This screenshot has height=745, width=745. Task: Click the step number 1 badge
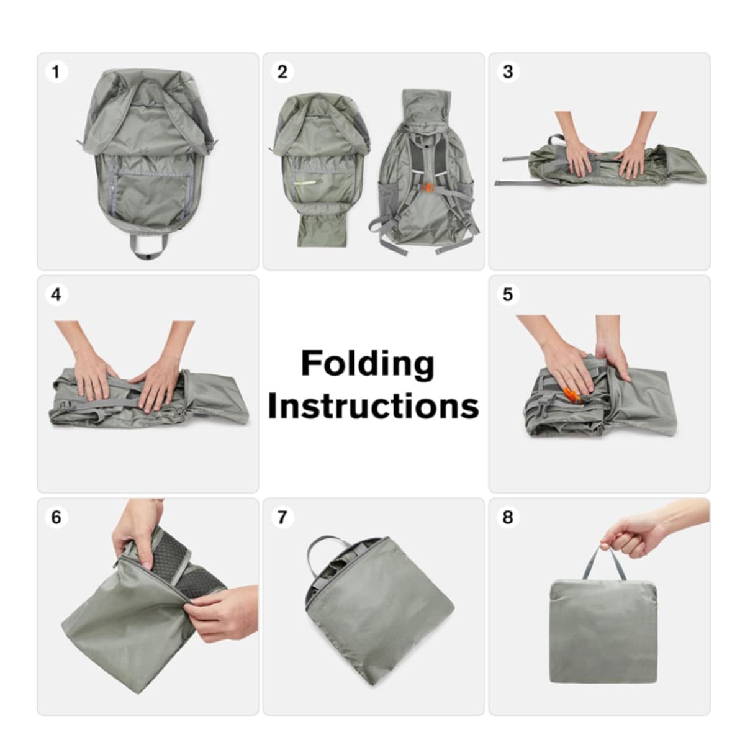pos(56,72)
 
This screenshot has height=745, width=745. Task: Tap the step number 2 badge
pos(282,72)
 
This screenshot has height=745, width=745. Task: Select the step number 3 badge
pos(508,72)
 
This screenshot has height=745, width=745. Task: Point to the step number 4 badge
pos(56,295)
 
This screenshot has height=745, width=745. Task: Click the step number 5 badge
pos(508,295)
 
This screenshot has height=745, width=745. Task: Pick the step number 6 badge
pos(56,517)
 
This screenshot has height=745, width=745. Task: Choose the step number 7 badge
pos(282,517)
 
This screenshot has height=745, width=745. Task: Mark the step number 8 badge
pos(508,517)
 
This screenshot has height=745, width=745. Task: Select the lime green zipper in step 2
pos(308,182)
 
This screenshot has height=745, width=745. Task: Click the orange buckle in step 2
pos(428,188)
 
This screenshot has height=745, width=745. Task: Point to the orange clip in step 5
pos(572,395)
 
